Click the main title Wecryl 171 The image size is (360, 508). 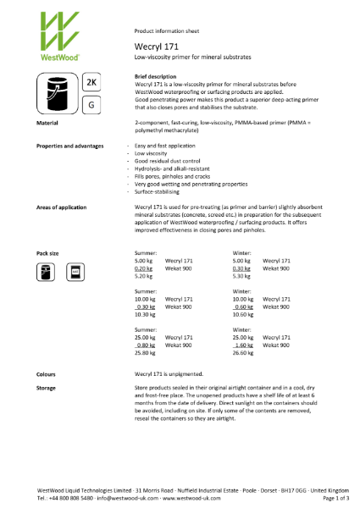pos(152,47)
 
